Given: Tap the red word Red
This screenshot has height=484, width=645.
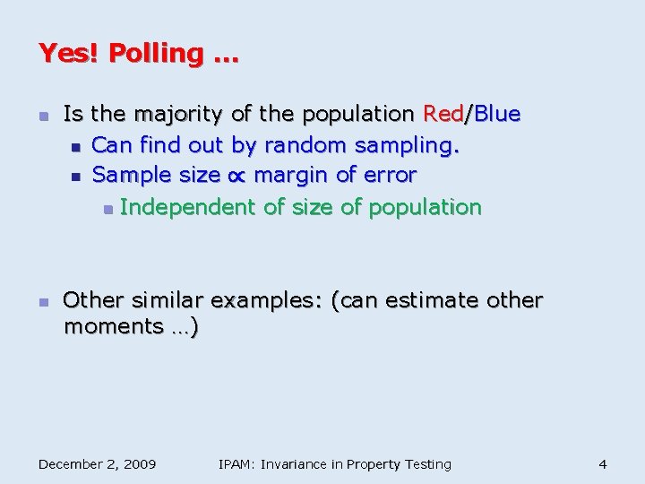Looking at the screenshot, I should pyautogui.click(x=443, y=115).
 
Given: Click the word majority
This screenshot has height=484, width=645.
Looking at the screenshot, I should pyautogui.click(x=180, y=115).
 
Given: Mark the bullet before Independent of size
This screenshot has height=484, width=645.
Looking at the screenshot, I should pyautogui.click(x=107, y=209).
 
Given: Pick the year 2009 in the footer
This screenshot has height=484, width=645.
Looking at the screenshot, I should pyautogui.click(x=138, y=464).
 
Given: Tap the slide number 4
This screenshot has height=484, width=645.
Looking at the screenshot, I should pyautogui.click(x=603, y=464).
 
